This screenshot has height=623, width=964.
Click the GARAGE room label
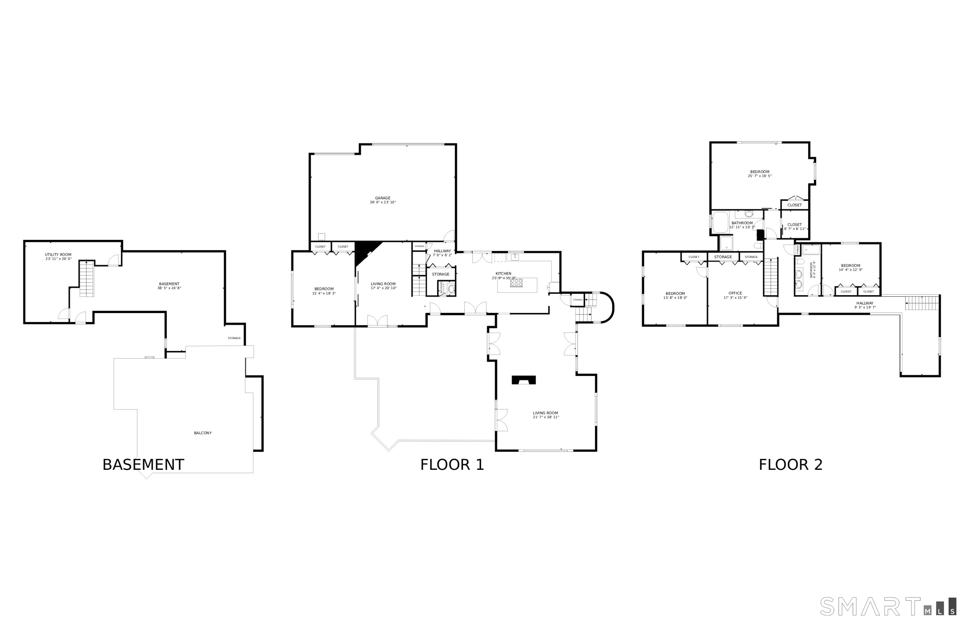pyautogui.click(x=382, y=198)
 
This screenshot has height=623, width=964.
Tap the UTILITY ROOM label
pyautogui.click(x=58, y=254)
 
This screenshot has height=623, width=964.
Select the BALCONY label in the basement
pyautogui.click(x=202, y=433)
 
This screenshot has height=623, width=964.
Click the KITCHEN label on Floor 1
pyautogui.click(x=503, y=274)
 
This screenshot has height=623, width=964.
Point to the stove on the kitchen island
pyautogui.click(x=516, y=283)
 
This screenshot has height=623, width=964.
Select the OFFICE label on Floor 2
pyautogui.click(x=735, y=293)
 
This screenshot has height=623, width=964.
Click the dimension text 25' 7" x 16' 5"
pyautogui.click(x=759, y=176)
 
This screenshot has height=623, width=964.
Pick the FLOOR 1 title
pyautogui.click(x=452, y=465)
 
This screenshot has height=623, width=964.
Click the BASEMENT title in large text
pyautogui.click(x=143, y=465)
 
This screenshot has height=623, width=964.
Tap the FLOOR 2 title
pyautogui.click(x=790, y=465)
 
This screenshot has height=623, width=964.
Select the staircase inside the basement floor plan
pyautogui.click(x=86, y=279)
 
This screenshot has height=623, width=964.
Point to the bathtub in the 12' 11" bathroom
pyautogui.click(x=720, y=222)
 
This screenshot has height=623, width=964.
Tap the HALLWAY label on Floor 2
pyautogui.click(x=864, y=303)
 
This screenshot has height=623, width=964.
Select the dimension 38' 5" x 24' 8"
pyautogui.click(x=169, y=288)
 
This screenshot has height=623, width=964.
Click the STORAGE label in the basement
pyautogui.click(x=234, y=338)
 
